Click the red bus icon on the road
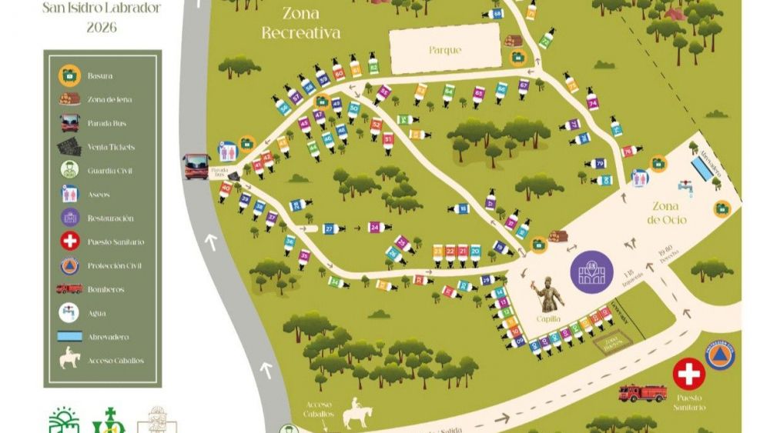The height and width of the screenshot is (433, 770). pyautogui.click(x=196, y=165)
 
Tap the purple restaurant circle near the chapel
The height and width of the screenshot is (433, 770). pyautogui.click(x=591, y=273)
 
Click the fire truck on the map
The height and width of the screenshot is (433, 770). pyautogui.click(x=642, y=393)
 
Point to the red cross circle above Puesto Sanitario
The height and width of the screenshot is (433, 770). pyautogui.click(x=688, y=374)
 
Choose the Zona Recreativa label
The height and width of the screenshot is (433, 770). pyautogui.click(x=301, y=23)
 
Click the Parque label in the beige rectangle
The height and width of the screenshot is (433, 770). pyautogui.click(x=445, y=51)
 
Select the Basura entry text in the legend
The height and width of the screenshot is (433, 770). pyautogui.click(x=100, y=75)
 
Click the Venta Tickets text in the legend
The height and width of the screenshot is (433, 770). pyautogui.click(x=111, y=147)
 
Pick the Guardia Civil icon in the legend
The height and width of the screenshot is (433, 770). pyautogui.click(x=70, y=171)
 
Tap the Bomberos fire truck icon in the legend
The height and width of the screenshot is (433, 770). pyautogui.click(x=69, y=289)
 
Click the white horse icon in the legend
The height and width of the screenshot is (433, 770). pyautogui.click(x=70, y=359)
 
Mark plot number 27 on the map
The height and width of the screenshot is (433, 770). pyautogui.click(x=330, y=229)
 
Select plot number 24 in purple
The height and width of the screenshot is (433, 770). pyautogui.click(x=375, y=228)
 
